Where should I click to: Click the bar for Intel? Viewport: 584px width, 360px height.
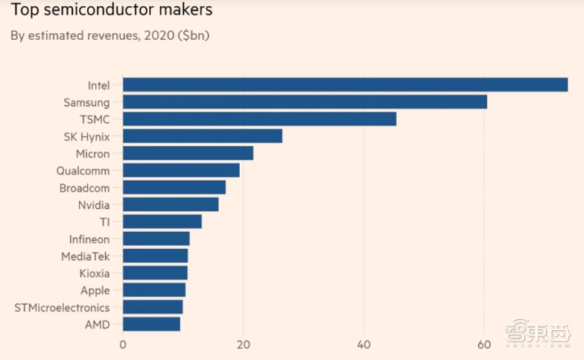(345, 85)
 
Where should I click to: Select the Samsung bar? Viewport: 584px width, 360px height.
(304, 102)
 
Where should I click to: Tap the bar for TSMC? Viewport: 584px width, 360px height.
(259, 119)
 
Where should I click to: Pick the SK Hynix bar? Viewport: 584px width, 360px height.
(202, 136)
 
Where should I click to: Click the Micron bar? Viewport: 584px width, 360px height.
(188, 153)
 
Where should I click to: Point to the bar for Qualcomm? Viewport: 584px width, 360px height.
(181, 170)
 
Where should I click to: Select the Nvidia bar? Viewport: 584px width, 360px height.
(170, 204)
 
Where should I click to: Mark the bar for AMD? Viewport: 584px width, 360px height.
(151, 324)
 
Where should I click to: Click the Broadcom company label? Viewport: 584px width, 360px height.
(84, 188)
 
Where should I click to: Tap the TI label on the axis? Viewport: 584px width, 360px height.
(104, 222)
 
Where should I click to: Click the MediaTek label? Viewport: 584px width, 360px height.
(85, 256)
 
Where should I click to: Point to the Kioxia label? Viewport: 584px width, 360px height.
(94, 273)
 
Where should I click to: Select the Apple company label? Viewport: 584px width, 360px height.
(95, 291)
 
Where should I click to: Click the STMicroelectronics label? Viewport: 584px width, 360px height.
(62, 307)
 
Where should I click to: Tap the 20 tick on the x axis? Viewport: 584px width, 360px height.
(244, 345)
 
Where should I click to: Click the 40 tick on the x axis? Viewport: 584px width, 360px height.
(364, 345)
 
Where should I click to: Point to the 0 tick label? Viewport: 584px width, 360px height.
(123, 345)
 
